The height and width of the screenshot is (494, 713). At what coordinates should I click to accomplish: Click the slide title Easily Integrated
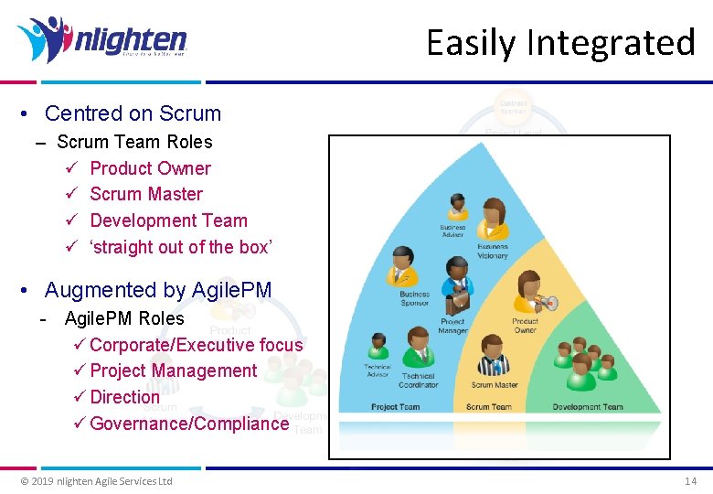tap(560, 43)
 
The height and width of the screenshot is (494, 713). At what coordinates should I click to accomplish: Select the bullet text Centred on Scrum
tap(133, 113)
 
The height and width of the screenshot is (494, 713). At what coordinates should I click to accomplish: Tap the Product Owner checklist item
tap(150, 168)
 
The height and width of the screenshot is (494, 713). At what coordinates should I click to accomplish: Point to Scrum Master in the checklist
tap(146, 194)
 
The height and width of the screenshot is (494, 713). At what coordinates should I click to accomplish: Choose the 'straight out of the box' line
tap(181, 247)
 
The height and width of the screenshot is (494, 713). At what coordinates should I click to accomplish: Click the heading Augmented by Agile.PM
tap(158, 290)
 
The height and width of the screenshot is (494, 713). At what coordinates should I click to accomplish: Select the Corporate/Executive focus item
tap(196, 345)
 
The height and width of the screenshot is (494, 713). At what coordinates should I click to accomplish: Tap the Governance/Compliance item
tap(189, 424)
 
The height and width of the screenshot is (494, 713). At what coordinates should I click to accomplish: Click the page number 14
tap(690, 481)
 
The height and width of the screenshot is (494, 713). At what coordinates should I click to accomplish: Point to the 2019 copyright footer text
tap(96, 481)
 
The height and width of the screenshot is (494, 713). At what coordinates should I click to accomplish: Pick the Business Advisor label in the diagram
tap(452, 231)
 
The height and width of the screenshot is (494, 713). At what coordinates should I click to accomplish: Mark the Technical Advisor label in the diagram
tap(378, 370)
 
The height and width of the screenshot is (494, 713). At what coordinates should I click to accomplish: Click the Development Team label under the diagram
tap(588, 407)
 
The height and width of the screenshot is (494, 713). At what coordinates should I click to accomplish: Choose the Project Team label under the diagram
tap(396, 407)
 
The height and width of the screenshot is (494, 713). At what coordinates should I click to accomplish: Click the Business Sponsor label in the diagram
tap(414, 299)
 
